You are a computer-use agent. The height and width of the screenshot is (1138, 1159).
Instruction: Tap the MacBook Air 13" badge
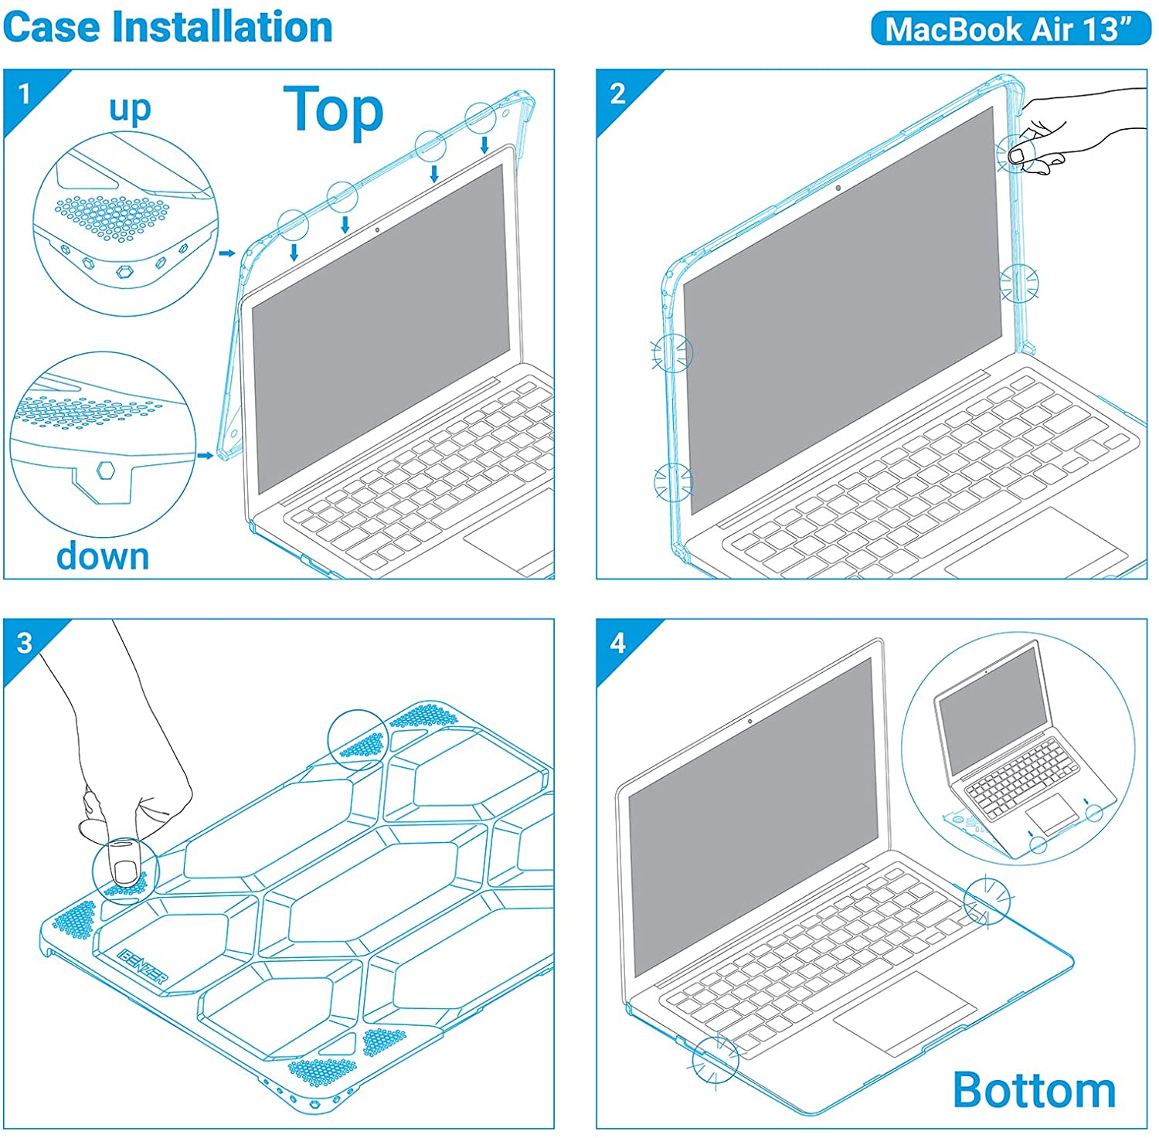pos(1011,29)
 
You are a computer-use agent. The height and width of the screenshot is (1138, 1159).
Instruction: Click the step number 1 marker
pos(24,94)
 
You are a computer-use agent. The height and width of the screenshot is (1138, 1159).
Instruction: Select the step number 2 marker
pos(617,94)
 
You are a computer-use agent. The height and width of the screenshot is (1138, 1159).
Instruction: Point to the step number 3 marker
pos(25,643)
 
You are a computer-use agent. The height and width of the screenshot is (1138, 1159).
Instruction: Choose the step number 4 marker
pos(617,643)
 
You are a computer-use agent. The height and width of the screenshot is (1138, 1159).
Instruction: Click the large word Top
pos(334,110)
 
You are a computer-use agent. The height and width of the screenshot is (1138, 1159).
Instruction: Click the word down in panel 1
pos(103,555)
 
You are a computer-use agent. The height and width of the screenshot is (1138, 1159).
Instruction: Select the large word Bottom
pos(1035,1090)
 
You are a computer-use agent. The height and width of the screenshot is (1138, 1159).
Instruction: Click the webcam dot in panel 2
pos(838,188)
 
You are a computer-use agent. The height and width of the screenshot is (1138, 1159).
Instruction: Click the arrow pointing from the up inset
pos(227,253)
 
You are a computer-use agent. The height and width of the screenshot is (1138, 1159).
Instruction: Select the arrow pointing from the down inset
pos(205,456)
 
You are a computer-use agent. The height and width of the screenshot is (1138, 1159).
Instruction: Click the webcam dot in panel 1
pos(377,229)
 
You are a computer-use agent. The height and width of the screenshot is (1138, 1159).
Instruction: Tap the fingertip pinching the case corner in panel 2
pos(1018,156)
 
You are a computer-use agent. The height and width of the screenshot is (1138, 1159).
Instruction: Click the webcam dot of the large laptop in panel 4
pos(750,722)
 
